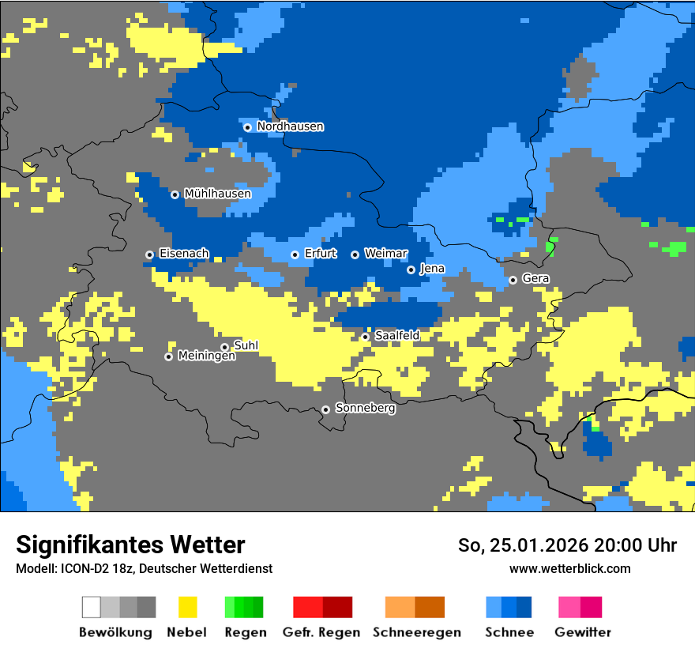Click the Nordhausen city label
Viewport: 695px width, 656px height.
(x=290, y=126)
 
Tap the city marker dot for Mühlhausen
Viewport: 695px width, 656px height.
(x=175, y=194)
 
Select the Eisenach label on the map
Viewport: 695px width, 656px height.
(x=184, y=254)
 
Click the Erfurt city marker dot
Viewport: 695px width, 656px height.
(x=295, y=254)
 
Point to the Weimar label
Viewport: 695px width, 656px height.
(x=385, y=254)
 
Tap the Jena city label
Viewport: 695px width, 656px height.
(x=432, y=269)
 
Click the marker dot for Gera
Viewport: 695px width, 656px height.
(x=513, y=280)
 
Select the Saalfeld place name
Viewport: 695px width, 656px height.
(x=396, y=336)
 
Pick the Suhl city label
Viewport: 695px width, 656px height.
(x=246, y=345)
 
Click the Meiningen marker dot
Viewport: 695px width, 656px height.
(x=168, y=356)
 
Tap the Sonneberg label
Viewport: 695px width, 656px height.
(x=365, y=409)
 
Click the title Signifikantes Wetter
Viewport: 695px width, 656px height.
(x=130, y=545)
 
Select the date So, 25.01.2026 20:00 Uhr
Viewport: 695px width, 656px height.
(x=567, y=545)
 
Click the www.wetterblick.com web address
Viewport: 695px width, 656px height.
(x=569, y=569)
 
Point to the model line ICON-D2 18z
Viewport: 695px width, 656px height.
(x=144, y=569)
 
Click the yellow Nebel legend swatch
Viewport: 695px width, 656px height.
(x=187, y=607)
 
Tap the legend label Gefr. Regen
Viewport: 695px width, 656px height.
(x=321, y=632)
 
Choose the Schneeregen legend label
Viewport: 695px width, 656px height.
(x=416, y=632)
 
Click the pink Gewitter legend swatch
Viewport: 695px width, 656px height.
(x=569, y=607)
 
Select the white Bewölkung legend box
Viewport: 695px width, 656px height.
(x=92, y=607)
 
